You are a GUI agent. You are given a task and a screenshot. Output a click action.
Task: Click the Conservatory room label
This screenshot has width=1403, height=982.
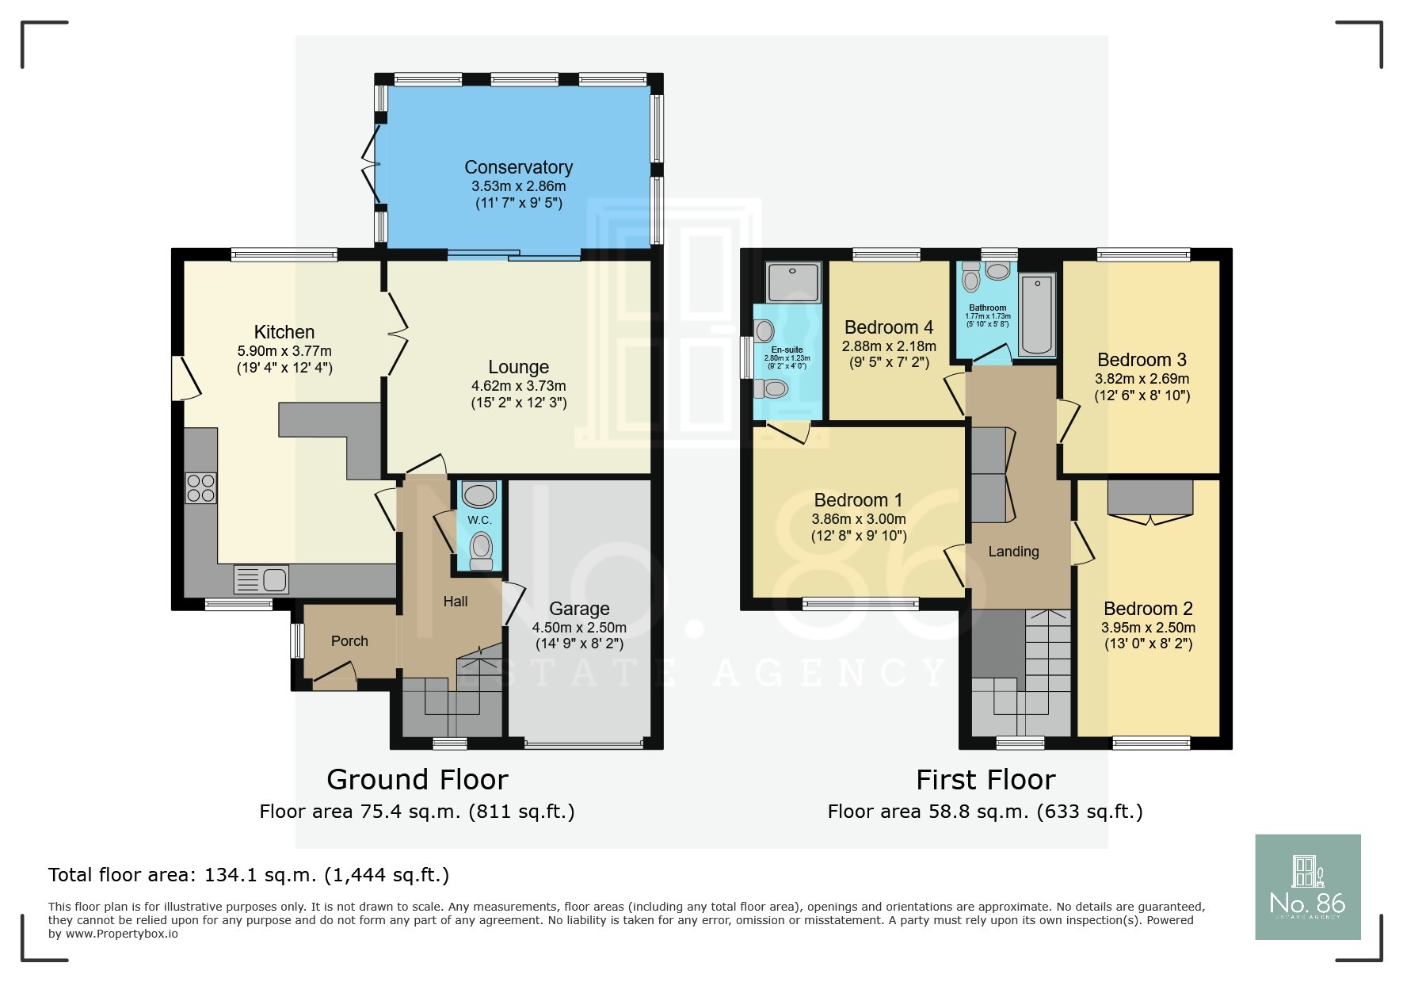pos(518,167)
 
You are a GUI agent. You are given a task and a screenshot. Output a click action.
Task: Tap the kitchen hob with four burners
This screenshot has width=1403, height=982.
pos(200,487)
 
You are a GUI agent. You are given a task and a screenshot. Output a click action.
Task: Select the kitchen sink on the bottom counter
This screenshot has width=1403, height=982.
pos(261,579)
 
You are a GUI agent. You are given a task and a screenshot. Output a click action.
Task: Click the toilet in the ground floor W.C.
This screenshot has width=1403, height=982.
pos(480,549)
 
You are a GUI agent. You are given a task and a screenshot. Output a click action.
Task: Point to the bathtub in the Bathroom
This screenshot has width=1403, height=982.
pos(1036,315)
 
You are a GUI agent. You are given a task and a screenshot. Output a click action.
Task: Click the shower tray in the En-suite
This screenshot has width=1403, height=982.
pos(793,282)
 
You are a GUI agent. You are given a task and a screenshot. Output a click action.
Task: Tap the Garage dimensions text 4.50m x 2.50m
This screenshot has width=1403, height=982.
pos(579,627)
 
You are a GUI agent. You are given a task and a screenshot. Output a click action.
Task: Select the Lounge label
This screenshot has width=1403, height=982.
pos(518,367)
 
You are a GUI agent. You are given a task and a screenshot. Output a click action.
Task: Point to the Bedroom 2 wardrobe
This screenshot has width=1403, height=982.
pos(1149,498)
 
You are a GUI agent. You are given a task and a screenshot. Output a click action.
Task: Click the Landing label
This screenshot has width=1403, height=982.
pos(1013,552)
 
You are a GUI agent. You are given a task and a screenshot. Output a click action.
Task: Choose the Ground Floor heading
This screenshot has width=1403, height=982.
pos(417,780)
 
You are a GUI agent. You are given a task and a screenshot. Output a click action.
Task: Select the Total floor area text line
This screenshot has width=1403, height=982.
pos(249,875)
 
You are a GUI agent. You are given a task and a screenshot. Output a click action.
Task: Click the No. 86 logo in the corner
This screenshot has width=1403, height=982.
pos(1307,887)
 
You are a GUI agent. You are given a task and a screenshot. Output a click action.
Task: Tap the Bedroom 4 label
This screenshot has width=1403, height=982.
pos(888,327)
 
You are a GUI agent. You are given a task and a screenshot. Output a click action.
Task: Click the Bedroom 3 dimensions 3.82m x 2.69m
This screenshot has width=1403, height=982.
pos(1142,379)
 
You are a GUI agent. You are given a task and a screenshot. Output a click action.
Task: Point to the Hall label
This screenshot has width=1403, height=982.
pos(455,602)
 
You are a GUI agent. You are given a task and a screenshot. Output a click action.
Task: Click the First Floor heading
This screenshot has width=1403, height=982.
pos(985,780)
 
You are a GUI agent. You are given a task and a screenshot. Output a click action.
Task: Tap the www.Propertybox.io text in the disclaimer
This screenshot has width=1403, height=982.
pos(121,934)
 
